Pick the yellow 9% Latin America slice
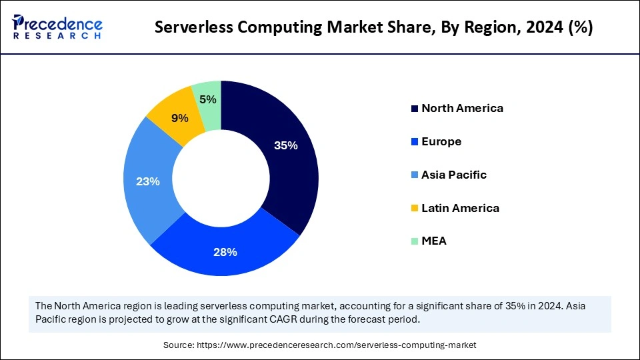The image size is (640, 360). click(x=179, y=119)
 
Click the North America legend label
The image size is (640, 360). click(x=462, y=108)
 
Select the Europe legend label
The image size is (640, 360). click(x=441, y=141)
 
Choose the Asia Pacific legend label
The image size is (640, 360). click(x=454, y=175)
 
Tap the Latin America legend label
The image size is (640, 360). click(x=460, y=208)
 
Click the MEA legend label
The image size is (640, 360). click(x=434, y=241)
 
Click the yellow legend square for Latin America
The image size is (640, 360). click(x=415, y=209)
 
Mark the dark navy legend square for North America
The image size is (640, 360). click(x=415, y=109)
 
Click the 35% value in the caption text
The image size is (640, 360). click(x=506, y=305)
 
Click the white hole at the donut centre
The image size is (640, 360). click(x=221, y=177)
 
